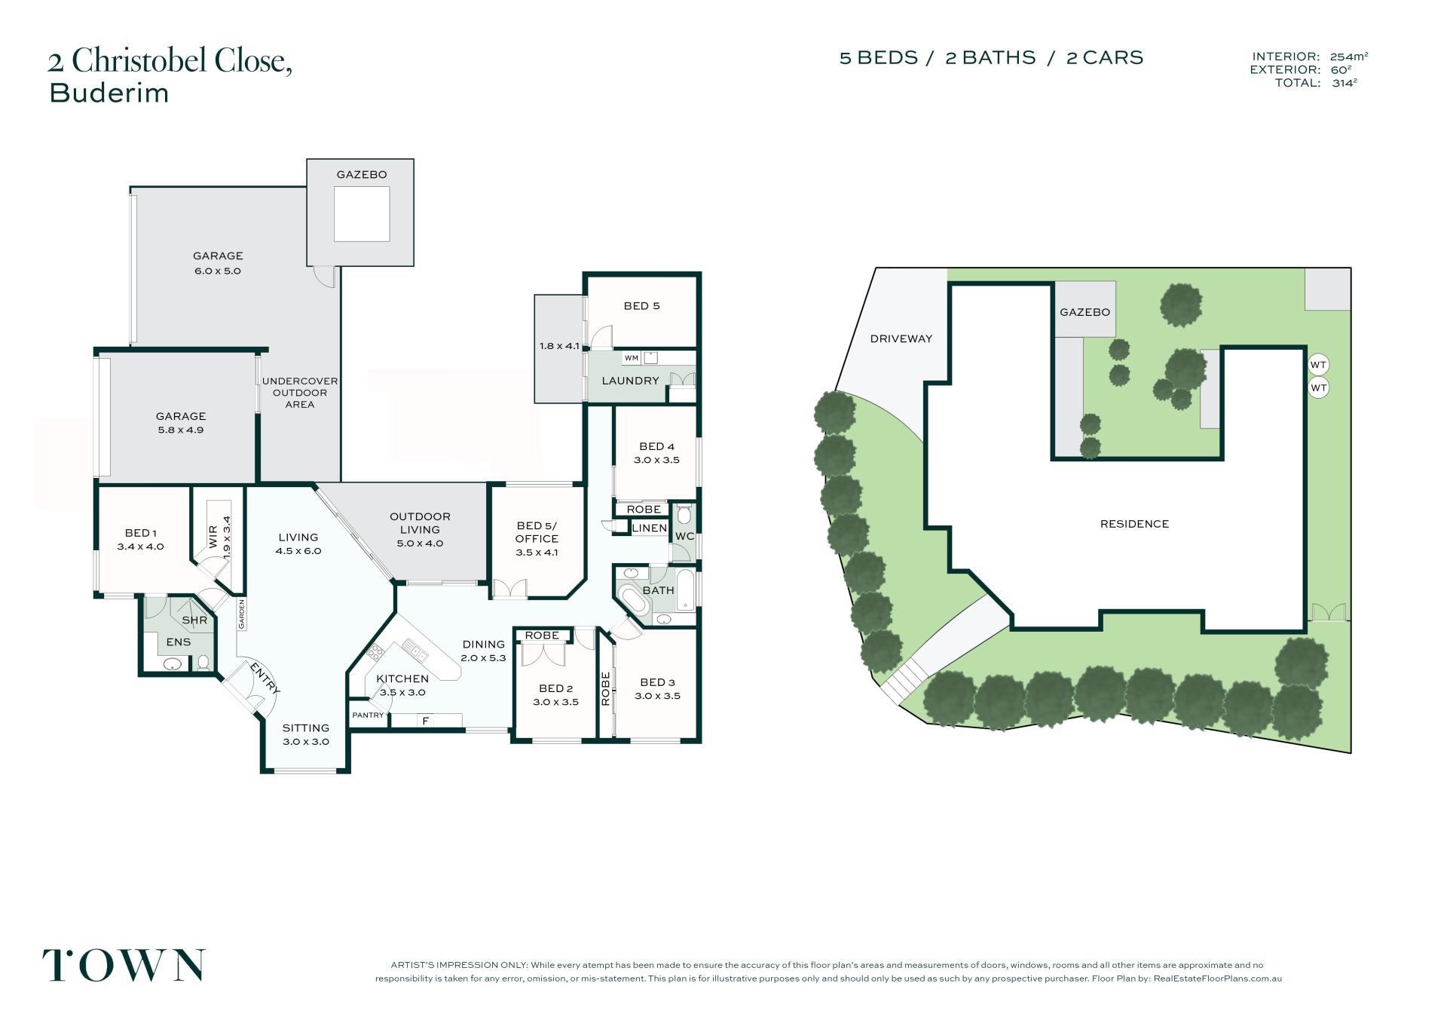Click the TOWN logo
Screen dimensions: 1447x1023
[x=123, y=965]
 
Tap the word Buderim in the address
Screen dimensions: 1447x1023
[x=109, y=93]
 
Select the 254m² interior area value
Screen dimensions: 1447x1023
[x=1349, y=56]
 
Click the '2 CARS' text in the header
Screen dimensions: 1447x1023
[x=1105, y=57]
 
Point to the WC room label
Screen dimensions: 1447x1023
[x=684, y=536]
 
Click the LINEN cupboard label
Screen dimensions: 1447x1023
[x=649, y=528]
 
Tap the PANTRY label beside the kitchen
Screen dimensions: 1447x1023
[x=368, y=715]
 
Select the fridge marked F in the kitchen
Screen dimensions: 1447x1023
[x=426, y=721]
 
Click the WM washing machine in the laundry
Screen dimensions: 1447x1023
[x=632, y=357]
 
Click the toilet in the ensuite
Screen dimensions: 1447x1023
[x=202, y=663]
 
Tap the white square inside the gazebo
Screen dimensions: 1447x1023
[x=362, y=214]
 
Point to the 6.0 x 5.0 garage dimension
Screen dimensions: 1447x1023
[x=218, y=271]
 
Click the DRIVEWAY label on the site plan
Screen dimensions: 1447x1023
[x=901, y=338]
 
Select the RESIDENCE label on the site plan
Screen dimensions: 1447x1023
[x=1134, y=524]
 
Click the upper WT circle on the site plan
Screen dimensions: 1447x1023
[x=1318, y=365]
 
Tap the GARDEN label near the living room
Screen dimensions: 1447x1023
[x=242, y=614]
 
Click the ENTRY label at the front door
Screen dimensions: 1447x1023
[x=265, y=678]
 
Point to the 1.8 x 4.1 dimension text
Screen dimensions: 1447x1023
[x=559, y=346]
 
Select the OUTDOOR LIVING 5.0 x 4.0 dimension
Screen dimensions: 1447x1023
[x=420, y=544]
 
